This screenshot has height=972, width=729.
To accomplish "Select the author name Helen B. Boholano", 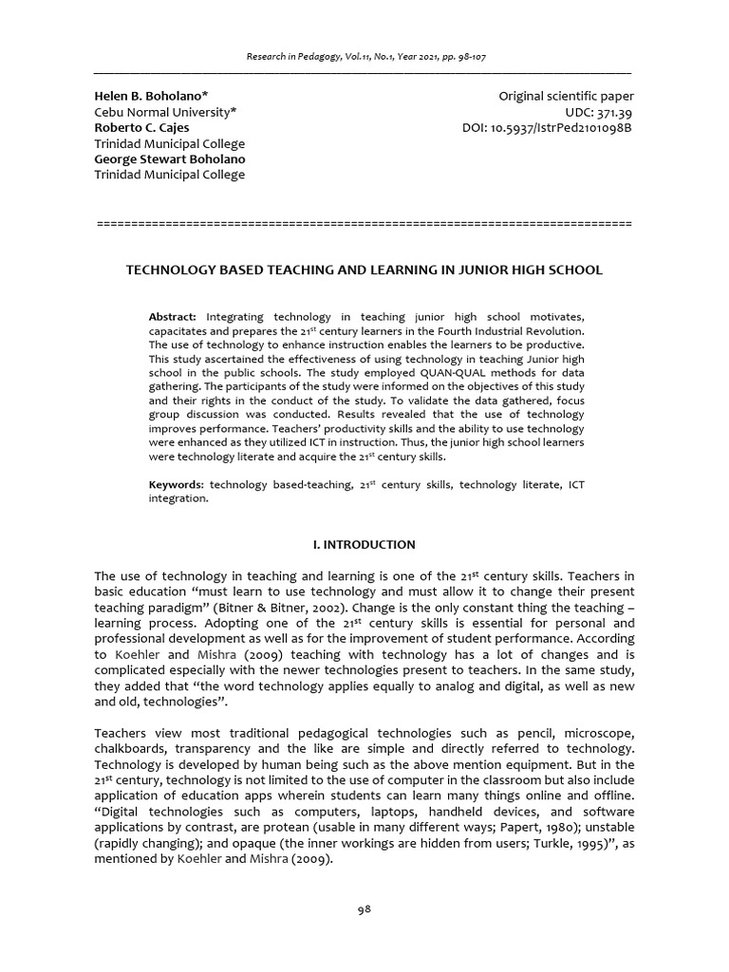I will click(151, 97).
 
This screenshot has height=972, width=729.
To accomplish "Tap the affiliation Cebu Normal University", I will click(165, 112).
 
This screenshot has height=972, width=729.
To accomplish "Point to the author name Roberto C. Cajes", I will click(141, 127).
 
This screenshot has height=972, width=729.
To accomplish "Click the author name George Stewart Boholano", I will click(169, 159).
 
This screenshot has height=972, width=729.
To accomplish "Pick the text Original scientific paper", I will click(566, 97).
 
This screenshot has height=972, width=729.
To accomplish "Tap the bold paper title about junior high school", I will click(364, 271).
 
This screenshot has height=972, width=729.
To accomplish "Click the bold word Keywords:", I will click(177, 485).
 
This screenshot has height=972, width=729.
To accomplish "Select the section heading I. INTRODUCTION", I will click(364, 545).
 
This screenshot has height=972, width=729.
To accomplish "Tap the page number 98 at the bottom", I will click(364, 908).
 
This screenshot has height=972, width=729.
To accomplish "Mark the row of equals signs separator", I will click(364, 223).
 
